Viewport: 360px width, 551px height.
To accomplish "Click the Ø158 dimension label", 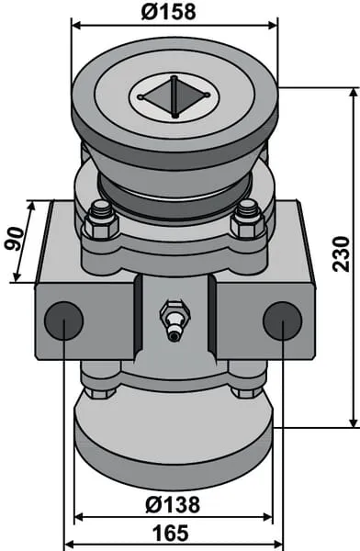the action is [x=168, y=11].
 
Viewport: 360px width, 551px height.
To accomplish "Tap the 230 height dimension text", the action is [x=342, y=254].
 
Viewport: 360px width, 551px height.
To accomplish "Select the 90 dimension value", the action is [x=15, y=239].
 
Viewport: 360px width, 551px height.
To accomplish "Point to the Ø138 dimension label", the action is [x=173, y=504].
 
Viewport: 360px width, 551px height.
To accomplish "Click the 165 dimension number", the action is [x=171, y=533].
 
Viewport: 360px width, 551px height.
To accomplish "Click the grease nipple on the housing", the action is [x=174, y=319].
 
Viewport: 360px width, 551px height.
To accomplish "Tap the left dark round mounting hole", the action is [x=63, y=320].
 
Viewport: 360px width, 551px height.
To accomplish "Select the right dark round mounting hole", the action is [x=283, y=320].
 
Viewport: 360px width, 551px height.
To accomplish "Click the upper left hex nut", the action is [x=100, y=222].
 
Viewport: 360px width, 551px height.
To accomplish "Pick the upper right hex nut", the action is [x=247, y=221].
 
